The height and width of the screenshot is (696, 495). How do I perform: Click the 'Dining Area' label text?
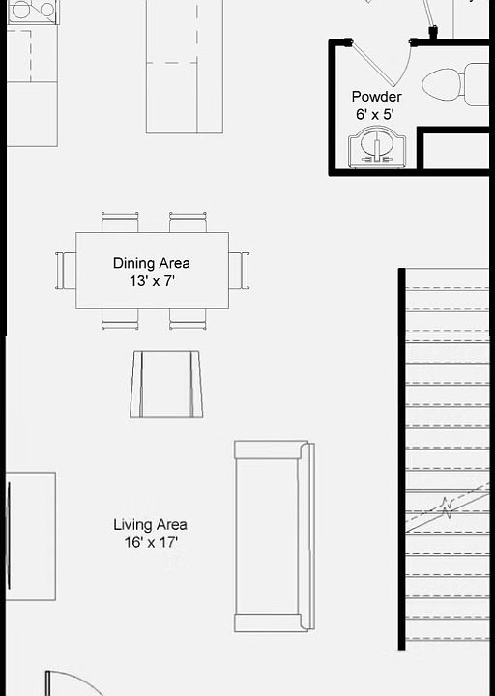(151, 263)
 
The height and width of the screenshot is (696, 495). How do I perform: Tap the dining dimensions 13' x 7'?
(151, 281)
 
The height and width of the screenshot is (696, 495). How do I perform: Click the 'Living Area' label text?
(151, 525)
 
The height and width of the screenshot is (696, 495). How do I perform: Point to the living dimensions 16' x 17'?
(151, 543)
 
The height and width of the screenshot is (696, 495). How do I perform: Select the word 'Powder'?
(376, 97)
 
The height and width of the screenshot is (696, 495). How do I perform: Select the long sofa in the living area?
(274, 536)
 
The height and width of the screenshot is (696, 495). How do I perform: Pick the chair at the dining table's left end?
(66, 270)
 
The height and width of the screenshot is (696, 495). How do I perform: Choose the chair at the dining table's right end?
(239, 270)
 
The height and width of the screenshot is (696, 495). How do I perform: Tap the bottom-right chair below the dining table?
(188, 319)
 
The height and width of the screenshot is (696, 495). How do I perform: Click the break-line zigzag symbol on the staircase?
(447, 507)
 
